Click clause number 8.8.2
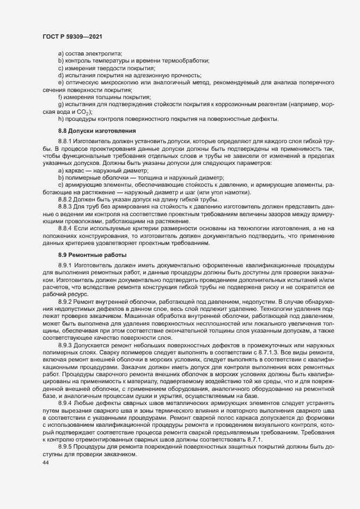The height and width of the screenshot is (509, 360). pos(65,200)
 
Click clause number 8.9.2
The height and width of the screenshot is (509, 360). pos(65,285)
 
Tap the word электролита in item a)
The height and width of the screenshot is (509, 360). pos(105,53)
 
